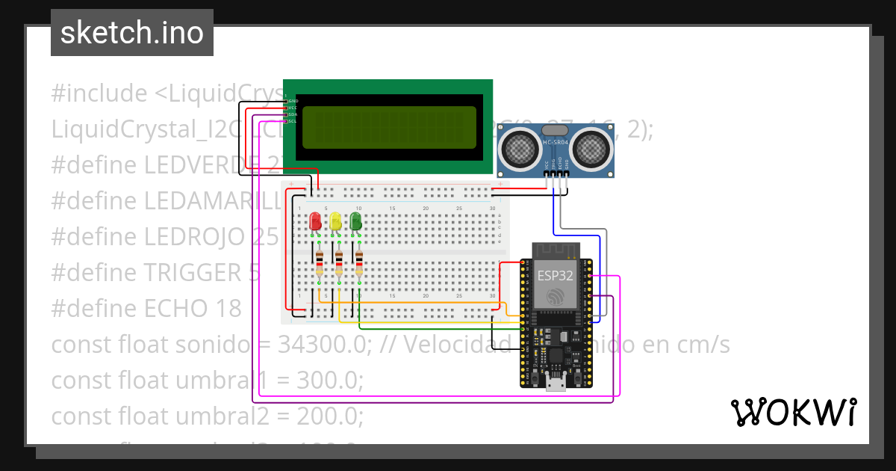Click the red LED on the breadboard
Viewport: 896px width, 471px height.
click(315, 221)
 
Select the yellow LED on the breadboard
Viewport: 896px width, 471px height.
click(335, 221)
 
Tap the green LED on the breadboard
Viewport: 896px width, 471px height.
click(355, 221)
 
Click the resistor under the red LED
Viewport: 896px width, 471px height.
click(320, 264)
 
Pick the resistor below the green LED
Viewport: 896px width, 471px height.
click(359, 264)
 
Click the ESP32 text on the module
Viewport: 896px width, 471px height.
click(556, 274)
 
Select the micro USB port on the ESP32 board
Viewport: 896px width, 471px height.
click(555, 384)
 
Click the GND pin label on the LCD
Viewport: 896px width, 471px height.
click(293, 100)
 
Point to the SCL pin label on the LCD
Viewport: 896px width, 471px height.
click(293, 120)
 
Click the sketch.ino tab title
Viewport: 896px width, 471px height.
click(132, 33)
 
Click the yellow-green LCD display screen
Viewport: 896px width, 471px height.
click(389, 128)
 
